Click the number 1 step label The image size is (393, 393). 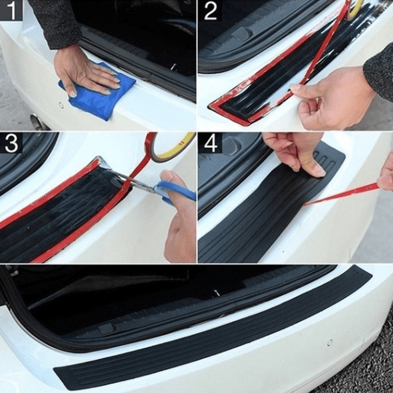click(11, 10)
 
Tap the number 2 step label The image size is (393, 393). click(210, 10)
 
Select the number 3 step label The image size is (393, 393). click(11, 143)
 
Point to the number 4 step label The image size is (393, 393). click(210, 143)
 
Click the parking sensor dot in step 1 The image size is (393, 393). click(61, 105)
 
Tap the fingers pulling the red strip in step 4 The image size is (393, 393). click(386, 174)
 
